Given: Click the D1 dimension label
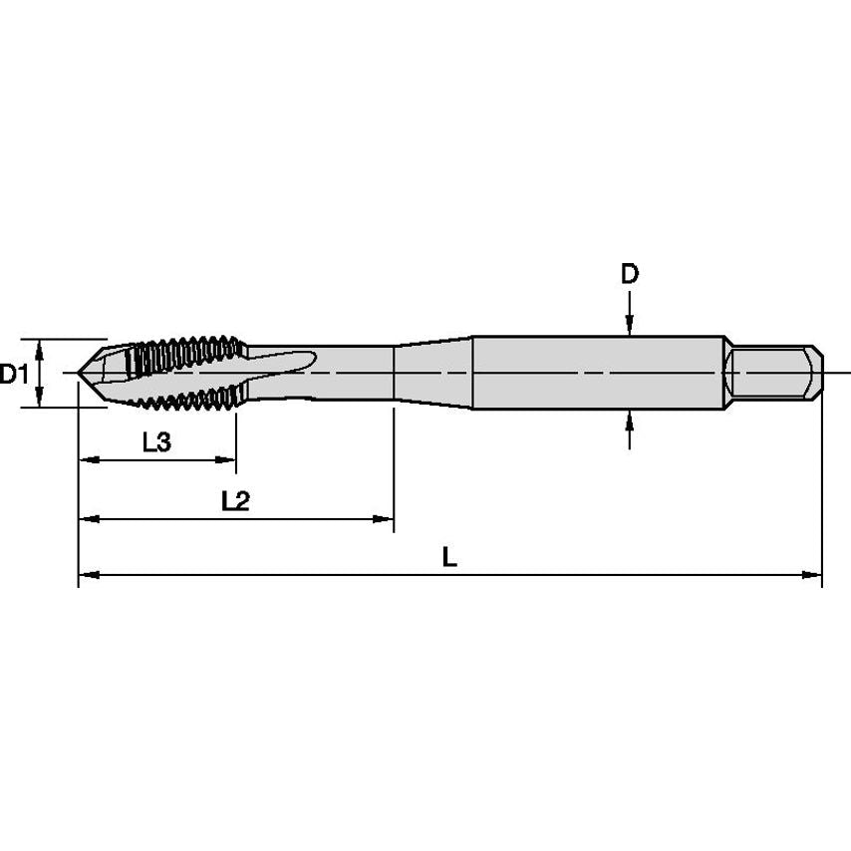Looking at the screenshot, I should point(14,374).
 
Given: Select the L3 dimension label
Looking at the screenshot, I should point(156,443).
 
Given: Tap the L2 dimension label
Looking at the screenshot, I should point(234,501).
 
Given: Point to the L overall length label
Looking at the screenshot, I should point(449,558).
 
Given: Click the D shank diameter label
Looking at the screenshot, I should point(629,274).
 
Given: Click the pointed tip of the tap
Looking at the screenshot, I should point(81,374).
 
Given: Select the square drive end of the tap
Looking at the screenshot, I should point(774,373).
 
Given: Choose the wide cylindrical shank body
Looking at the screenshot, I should point(598,373).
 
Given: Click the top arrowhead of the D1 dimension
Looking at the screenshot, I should point(39,347).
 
